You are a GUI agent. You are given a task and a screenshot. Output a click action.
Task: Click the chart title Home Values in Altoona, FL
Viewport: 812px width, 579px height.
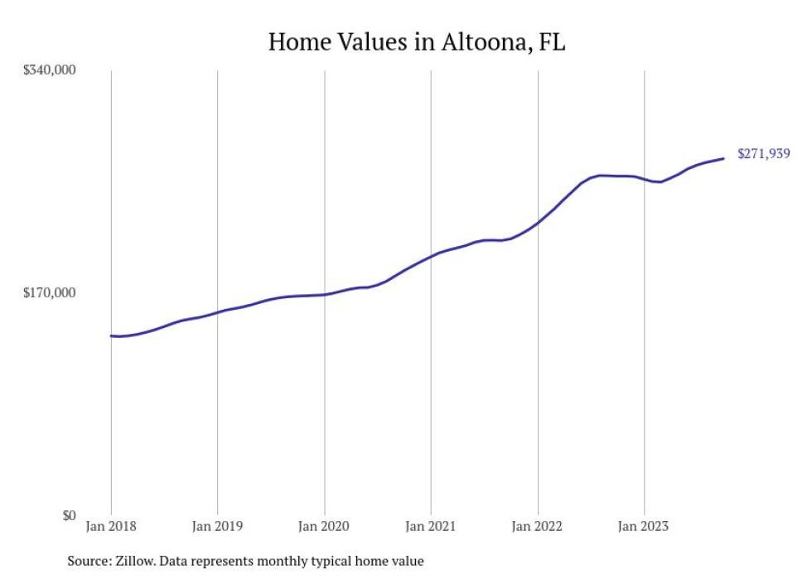tap(417, 43)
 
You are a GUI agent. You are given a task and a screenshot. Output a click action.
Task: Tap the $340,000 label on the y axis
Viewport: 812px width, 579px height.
tap(49, 70)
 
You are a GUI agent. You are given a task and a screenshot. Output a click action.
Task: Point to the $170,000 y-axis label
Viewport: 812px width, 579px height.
tap(49, 292)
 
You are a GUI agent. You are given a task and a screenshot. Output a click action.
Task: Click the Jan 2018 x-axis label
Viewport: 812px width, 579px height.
tap(111, 525)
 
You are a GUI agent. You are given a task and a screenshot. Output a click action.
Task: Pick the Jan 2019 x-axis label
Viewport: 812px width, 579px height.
tap(217, 525)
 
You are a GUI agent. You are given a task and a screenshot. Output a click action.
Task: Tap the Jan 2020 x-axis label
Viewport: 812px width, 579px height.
tap(324, 525)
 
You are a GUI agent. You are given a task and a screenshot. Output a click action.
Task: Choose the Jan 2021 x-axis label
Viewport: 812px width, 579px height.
tap(431, 525)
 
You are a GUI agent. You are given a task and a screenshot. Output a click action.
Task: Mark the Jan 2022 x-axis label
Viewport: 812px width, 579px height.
tap(538, 525)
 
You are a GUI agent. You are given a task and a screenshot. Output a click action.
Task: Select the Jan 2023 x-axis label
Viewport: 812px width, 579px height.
tap(644, 525)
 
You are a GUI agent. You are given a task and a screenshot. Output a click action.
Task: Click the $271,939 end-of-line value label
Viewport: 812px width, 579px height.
tap(763, 153)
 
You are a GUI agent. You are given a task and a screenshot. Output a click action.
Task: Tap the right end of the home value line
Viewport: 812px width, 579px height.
tap(724, 158)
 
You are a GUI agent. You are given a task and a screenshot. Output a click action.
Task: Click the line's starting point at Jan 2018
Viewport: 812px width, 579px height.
tap(111, 335)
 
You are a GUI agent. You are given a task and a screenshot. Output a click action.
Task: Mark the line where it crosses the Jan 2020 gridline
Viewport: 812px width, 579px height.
tap(324, 294)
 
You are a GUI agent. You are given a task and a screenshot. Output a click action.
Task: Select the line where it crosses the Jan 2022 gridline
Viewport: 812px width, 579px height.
tap(538, 223)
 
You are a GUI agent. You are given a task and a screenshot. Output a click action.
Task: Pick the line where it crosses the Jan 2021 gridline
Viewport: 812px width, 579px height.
tap(431, 255)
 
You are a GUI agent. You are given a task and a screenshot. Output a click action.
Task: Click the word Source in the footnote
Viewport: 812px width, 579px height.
tap(87, 562)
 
